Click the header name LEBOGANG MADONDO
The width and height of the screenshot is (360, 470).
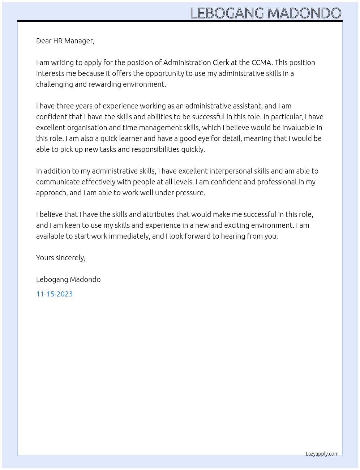(x=265, y=13)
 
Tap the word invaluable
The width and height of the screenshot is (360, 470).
(x=298, y=128)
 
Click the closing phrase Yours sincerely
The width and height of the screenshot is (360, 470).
(x=61, y=258)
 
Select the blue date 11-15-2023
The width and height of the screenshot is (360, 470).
(x=54, y=294)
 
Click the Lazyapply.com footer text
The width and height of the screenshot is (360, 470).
(x=322, y=454)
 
